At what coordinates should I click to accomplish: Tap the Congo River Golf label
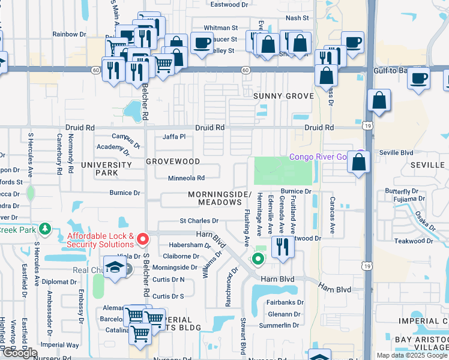(318, 157)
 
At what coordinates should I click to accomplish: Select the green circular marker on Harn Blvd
(258, 259)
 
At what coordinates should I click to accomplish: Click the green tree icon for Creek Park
(44, 229)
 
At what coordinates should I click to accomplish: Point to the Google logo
(19, 353)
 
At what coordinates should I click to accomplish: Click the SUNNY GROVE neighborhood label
(283, 96)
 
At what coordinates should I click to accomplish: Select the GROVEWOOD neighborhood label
(173, 161)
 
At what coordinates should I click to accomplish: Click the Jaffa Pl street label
(173, 137)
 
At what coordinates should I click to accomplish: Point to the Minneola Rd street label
(186, 178)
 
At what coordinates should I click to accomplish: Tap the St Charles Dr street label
(195, 221)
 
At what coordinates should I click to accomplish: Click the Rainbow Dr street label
(70, 34)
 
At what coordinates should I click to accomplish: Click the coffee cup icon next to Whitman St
(202, 43)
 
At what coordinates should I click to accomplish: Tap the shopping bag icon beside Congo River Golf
(358, 162)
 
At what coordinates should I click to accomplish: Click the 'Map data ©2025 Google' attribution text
(411, 355)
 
